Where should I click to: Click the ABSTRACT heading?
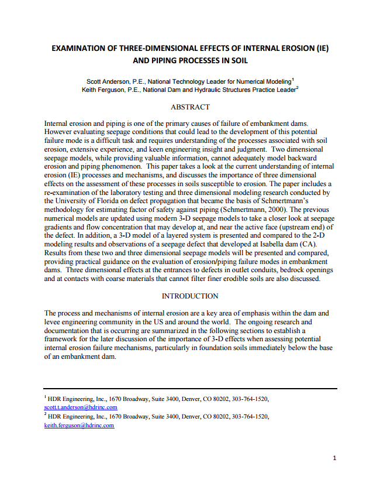tap(189, 107)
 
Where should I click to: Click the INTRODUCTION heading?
tap(189, 296)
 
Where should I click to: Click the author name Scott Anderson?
tap(108, 81)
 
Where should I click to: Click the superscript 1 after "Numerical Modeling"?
tap(293, 80)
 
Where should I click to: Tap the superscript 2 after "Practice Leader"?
tap(298, 88)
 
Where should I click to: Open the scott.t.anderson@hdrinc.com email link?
tap(81, 407)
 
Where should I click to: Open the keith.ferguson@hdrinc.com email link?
tap(79, 426)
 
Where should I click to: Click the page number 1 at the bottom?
tap(334, 458)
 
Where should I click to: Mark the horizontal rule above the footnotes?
tap(191, 388)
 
